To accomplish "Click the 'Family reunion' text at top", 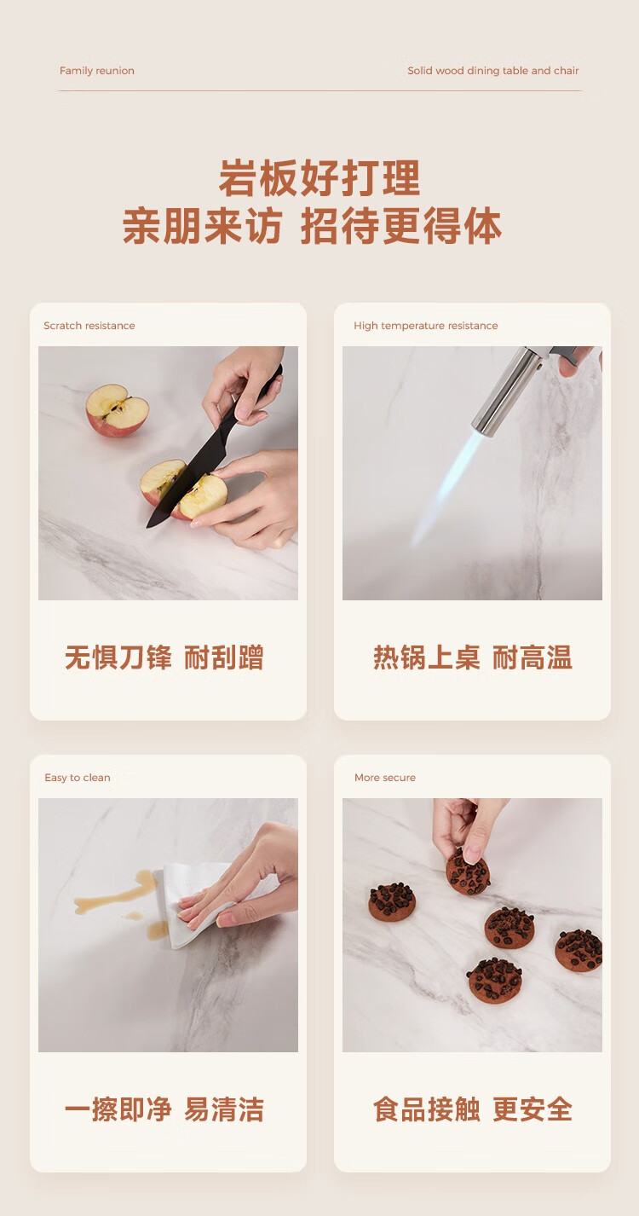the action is pyautogui.click(x=97, y=71).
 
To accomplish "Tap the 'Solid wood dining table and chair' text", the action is pyautogui.click(x=493, y=71).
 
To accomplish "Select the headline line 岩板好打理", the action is pyautogui.click(x=319, y=177).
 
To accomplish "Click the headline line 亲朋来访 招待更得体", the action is pyautogui.click(x=312, y=225).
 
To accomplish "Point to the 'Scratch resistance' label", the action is pyautogui.click(x=89, y=326).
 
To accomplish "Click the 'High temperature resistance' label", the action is pyautogui.click(x=426, y=326).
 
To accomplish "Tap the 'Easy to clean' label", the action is pyautogui.click(x=78, y=778).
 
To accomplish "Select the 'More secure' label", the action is pyautogui.click(x=385, y=778).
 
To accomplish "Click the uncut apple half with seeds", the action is pyautogui.click(x=118, y=410).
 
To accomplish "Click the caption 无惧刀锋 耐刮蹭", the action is pyautogui.click(x=164, y=657).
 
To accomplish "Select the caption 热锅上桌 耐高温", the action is pyautogui.click(x=473, y=657).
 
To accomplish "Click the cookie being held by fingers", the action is pyautogui.click(x=468, y=871).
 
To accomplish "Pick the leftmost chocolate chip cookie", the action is pyautogui.click(x=392, y=901).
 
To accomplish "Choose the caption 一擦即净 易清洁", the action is pyautogui.click(x=164, y=1109).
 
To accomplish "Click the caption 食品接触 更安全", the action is pyautogui.click(x=473, y=1109).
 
